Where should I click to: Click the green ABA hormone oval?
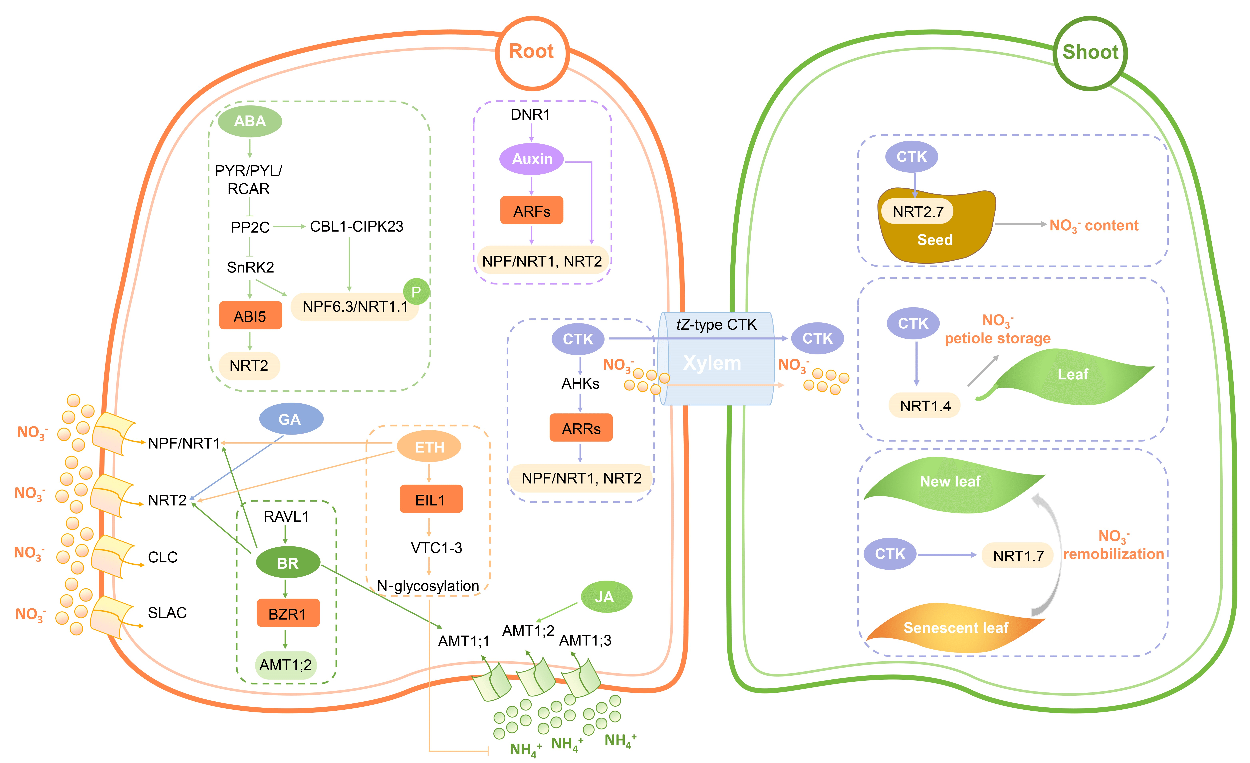point(250,121)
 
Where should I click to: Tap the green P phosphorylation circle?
point(416,292)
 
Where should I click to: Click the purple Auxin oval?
point(532,159)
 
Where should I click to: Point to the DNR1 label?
point(530,115)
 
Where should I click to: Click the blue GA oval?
point(291,419)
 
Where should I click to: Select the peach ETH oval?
point(429,447)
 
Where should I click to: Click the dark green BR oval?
point(288,563)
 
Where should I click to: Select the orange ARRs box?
point(581,428)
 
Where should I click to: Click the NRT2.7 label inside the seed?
point(918,212)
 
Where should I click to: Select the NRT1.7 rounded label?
point(1018,555)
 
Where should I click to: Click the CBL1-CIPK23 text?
point(357,226)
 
